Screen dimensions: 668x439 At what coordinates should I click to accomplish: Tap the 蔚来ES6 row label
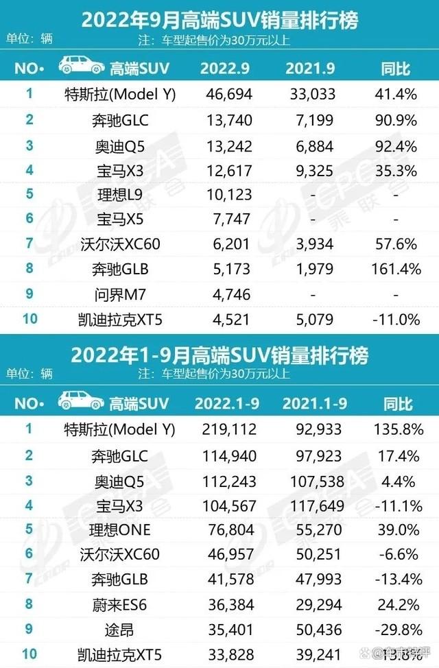point(120,604)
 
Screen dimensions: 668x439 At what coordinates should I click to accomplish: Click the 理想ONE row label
point(120,529)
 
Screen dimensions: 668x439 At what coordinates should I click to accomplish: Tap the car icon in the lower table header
point(81,401)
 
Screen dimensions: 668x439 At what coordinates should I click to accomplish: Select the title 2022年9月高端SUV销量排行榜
point(219,19)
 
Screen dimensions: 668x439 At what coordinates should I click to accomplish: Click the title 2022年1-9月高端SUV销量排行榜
point(219,355)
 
